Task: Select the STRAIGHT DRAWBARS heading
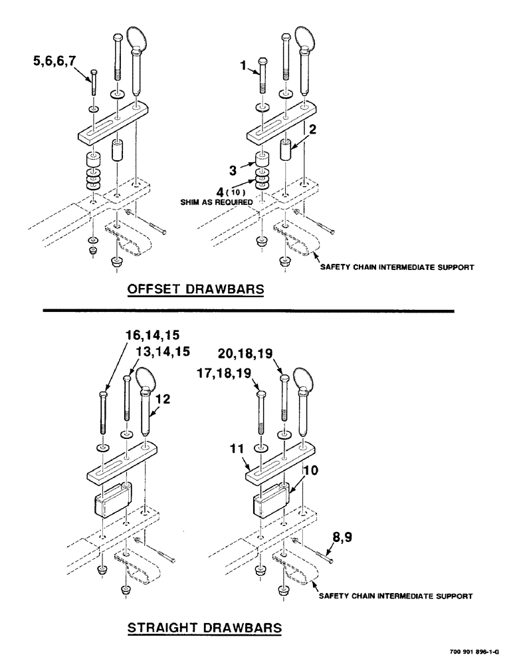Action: (204, 627)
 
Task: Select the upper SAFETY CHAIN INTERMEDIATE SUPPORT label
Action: (397, 268)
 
